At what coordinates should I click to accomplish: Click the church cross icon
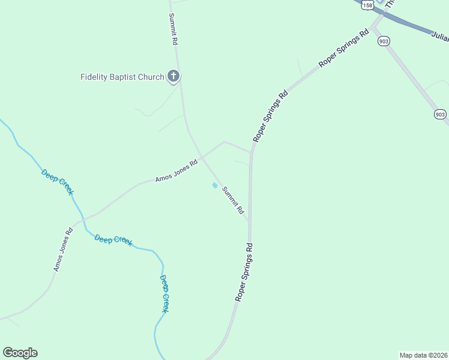(x=173, y=76)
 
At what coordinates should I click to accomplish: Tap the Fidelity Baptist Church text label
(x=122, y=77)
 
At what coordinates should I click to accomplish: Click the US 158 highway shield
(x=368, y=4)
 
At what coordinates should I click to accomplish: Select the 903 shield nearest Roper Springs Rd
(x=384, y=41)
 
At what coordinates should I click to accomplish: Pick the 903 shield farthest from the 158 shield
(x=440, y=114)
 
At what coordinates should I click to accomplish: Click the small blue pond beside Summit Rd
(x=214, y=185)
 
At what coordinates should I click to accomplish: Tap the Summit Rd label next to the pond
(x=234, y=201)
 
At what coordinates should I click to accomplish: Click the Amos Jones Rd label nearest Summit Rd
(x=176, y=171)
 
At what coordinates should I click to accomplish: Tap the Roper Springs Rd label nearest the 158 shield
(x=344, y=48)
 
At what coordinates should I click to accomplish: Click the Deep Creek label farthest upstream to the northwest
(x=57, y=182)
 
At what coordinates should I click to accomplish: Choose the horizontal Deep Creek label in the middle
(x=113, y=239)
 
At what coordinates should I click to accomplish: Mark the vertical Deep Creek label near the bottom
(x=164, y=293)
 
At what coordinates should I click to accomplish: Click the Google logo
(x=20, y=353)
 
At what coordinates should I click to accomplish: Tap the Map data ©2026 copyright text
(x=423, y=355)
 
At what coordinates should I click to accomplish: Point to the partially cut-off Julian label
(x=440, y=37)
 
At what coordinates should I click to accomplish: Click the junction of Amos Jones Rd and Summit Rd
(x=201, y=157)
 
